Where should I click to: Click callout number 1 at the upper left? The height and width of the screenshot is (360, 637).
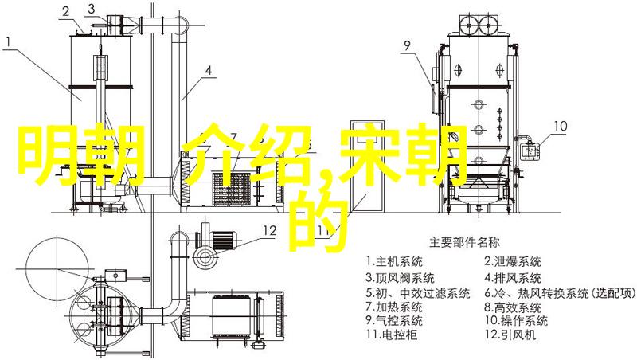pos(9,42)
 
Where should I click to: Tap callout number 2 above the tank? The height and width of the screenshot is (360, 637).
pos(66,13)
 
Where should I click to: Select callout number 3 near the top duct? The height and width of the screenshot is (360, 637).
pos(92,8)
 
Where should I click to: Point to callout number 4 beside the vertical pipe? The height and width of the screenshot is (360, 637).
pos(209,71)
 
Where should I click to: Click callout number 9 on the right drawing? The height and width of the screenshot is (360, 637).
pos(407,45)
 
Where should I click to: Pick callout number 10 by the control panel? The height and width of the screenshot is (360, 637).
pos(561,126)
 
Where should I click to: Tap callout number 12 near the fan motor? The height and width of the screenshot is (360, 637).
pos(269,231)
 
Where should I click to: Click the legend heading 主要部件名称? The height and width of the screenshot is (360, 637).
pos(464,243)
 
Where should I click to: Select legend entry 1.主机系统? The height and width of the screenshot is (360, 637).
pos(394,261)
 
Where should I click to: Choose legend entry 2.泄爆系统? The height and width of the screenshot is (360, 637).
pos(513,261)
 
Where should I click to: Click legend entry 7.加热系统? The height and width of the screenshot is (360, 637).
pos(394,307)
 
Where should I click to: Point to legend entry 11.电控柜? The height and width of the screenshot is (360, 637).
pos(392,335)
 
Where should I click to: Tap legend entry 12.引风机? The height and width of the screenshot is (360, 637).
pos(510,335)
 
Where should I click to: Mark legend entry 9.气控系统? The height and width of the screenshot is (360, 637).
pos(394,320)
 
